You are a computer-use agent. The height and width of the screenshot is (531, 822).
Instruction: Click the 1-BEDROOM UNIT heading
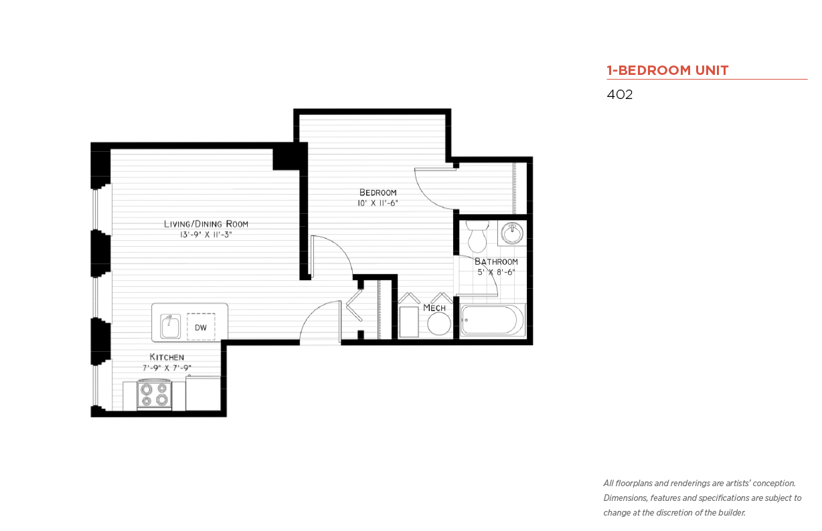click(x=667, y=70)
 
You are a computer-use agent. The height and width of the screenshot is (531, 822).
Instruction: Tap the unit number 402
click(x=620, y=94)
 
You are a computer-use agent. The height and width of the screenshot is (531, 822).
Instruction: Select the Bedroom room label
click(x=378, y=193)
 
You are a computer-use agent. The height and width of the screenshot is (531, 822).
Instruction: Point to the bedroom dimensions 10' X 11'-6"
click(x=378, y=203)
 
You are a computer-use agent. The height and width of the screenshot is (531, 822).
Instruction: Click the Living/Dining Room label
click(x=206, y=223)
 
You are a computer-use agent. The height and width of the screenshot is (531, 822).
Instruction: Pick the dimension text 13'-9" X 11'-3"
click(x=206, y=235)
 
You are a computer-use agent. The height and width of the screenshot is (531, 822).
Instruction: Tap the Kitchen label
click(x=167, y=357)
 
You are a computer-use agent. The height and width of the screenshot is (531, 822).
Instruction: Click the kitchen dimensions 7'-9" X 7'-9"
click(x=167, y=368)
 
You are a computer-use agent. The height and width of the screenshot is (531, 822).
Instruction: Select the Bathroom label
click(x=496, y=261)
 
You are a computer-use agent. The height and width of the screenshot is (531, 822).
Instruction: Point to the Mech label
click(x=434, y=308)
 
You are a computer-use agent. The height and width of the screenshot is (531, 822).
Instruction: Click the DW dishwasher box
click(x=201, y=327)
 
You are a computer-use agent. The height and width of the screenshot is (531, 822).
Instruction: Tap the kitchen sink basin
click(x=170, y=326)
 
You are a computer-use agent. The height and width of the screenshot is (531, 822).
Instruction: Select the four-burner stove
click(x=154, y=395)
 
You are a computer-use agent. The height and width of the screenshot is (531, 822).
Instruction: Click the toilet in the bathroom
click(x=477, y=236)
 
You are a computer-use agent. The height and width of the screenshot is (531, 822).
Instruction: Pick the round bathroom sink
click(x=512, y=233)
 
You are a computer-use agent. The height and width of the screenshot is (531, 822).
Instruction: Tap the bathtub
click(x=493, y=320)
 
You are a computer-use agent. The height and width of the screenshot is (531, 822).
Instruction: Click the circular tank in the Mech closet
click(x=439, y=324)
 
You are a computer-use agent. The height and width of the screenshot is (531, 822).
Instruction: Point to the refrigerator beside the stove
click(x=203, y=393)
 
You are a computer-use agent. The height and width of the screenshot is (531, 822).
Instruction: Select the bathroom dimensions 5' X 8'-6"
click(x=496, y=272)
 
